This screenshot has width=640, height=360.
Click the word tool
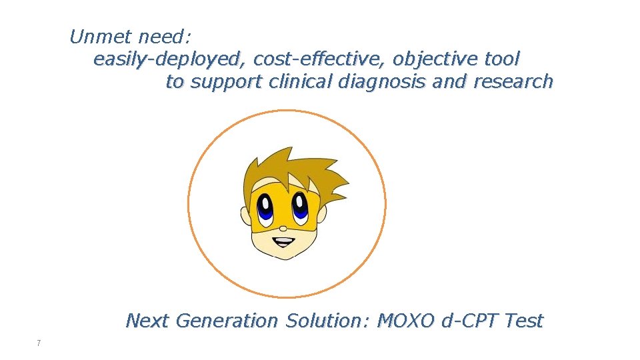pyautogui.click(x=501, y=59)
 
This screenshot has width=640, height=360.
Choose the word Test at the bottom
pyautogui.click(x=525, y=321)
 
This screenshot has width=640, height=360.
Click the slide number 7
pyautogui.click(x=39, y=343)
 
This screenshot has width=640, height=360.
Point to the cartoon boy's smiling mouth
pyautogui.click(x=283, y=241)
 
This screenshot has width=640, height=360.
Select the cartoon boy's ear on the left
pyautogui.click(x=245, y=215)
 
